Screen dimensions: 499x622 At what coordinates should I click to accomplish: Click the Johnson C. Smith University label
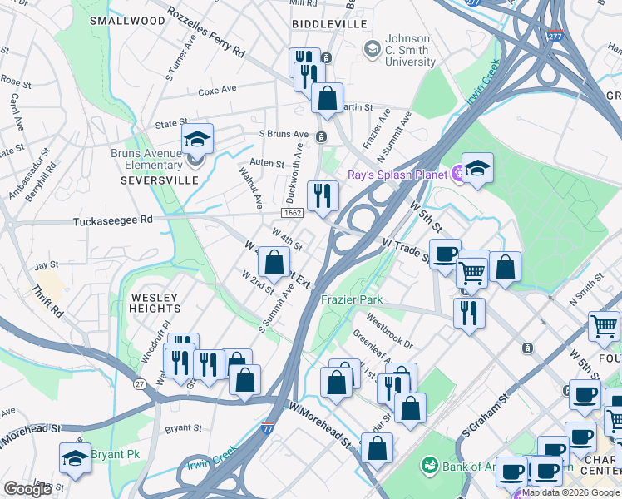pos(419,50)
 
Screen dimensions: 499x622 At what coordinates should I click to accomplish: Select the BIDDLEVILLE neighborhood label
pos(329,25)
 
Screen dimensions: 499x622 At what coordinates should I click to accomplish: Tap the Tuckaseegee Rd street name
pos(113,221)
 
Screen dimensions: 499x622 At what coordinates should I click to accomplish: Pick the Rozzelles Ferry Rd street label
pos(206,32)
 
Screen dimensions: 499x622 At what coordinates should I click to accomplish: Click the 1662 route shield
pos(291,213)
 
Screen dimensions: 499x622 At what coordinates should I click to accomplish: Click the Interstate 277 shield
pos(555,37)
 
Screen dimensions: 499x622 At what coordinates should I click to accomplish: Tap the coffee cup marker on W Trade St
pos(445,254)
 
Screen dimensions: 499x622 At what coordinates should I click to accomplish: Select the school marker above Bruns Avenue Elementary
pos(197,138)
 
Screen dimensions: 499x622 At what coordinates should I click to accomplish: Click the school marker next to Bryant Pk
pos(75,458)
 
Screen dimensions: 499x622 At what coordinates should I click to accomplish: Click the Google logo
pos(27,489)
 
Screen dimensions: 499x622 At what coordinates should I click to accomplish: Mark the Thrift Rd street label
pos(47,302)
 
